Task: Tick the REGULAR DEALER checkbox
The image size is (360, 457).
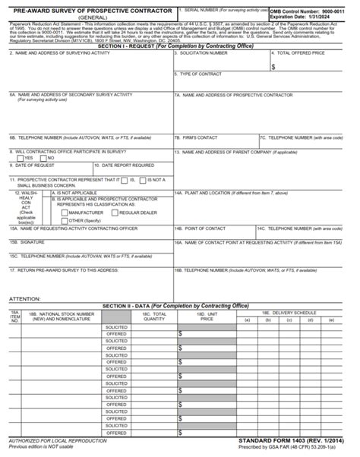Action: pos(113,213)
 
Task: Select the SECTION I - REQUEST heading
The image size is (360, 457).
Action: pos(179,46)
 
